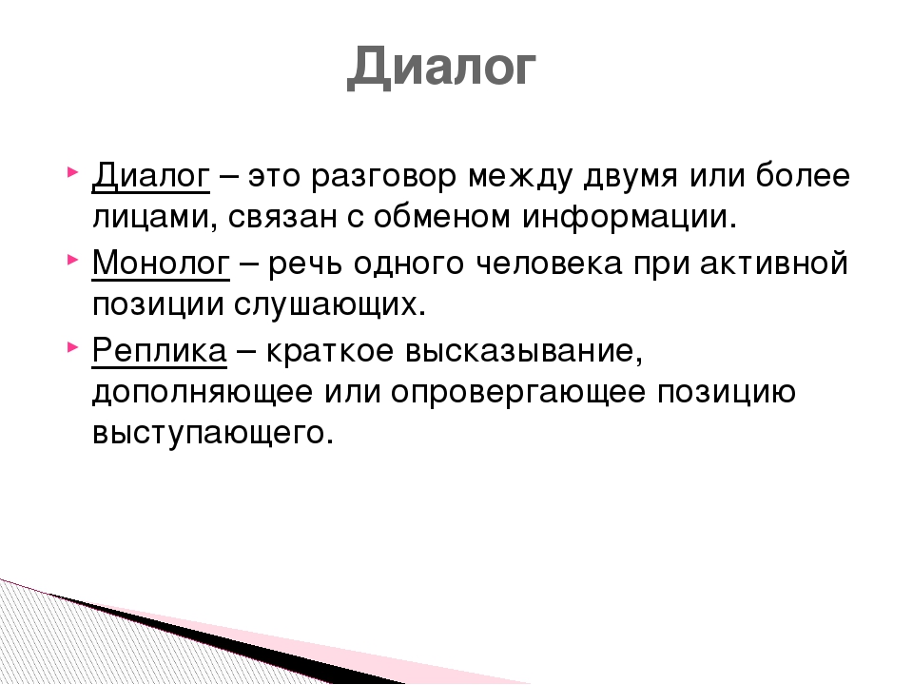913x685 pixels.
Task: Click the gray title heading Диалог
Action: click(441, 67)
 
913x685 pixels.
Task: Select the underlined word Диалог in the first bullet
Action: click(151, 175)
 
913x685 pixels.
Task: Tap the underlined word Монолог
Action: click(161, 263)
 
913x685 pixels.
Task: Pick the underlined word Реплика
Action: click(159, 350)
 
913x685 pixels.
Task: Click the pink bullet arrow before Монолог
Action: click(72, 259)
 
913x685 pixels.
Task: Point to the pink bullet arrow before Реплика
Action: click(72, 347)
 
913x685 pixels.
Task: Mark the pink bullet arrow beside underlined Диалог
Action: click(72, 172)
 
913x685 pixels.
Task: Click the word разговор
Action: click(383, 177)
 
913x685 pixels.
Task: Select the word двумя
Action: click(630, 177)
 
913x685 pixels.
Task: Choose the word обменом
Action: click(440, 216)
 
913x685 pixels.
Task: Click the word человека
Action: click(549, 264)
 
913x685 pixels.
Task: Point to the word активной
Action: click(773, 263)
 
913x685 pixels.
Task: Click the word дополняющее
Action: click(202, 392)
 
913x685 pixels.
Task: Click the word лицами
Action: click(149, 218)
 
